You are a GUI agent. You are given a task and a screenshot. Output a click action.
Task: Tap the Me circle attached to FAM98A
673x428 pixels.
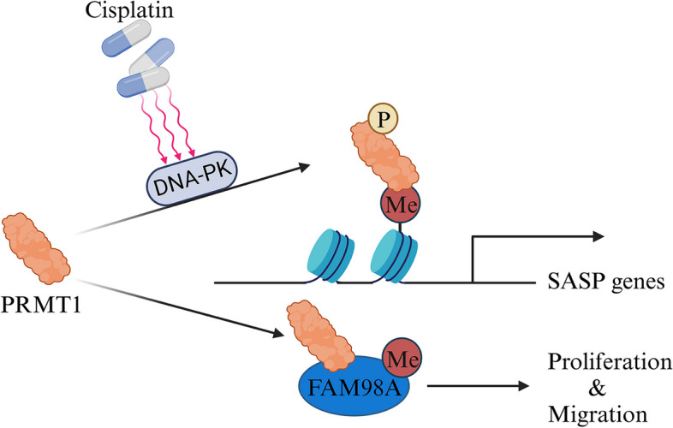pos(398,353)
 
